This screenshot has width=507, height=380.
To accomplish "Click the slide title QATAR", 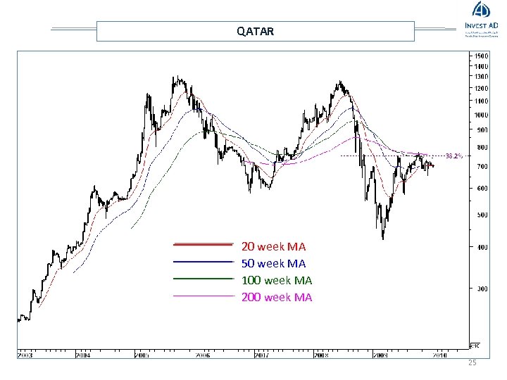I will point(255,32).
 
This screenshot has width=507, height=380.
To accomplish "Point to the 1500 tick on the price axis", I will point(481,56).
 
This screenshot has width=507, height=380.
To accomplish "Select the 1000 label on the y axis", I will point(481,115).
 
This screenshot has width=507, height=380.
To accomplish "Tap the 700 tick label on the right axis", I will point(481,167).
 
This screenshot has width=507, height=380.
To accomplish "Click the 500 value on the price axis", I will point(481,215).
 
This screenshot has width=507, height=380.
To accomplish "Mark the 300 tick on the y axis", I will point(481,289).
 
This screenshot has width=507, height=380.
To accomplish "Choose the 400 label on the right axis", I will point(481,247).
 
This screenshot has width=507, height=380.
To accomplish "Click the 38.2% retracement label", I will point(453,156).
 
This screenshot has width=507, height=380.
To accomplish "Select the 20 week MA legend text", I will point(273,247).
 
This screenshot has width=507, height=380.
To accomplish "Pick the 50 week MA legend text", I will point(273,264).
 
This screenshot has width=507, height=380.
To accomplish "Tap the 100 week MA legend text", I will point(276,281).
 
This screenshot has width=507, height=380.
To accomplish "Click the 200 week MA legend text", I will point(276,298).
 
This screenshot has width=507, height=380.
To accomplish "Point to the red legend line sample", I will point(203,244).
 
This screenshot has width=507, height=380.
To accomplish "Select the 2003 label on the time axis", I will point(25,356).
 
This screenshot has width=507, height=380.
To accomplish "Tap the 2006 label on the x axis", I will point(203,356).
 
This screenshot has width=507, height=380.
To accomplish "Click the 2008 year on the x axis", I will point(321,356).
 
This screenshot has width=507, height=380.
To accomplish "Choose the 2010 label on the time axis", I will point(440,356).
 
